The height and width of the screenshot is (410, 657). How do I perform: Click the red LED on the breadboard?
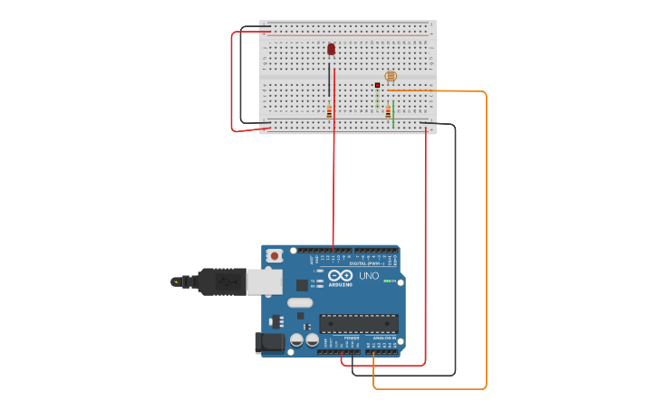click(x=332, y=49)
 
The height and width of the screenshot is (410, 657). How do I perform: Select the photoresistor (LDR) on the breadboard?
click(x=391, y=77)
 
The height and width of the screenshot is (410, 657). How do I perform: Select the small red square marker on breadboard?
click(x=378, y=85)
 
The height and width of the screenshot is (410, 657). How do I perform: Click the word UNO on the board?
click(x=369, y=276)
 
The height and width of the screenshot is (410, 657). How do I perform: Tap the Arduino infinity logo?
click(x=341, y=276)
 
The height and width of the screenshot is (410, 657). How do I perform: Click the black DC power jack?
click(x=269, y=342)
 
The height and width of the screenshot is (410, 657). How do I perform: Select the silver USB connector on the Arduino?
click(x=265, y=282)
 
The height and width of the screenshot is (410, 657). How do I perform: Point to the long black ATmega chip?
click(x=358, y=323)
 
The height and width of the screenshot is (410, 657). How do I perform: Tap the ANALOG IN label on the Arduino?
click(x=383, y=338)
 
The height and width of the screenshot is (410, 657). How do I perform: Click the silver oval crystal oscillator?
click(x=300, y=302)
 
